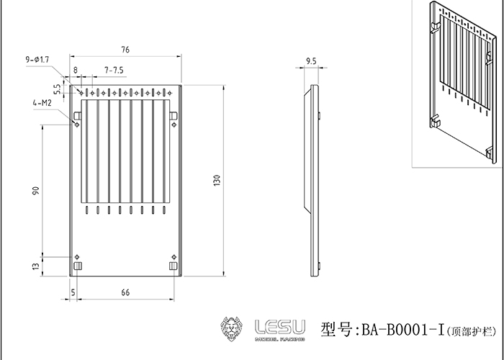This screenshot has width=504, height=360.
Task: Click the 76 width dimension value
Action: click(125, 50)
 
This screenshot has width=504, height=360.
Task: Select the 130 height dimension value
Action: click(217, 179)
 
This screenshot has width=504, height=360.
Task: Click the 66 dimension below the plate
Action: click(125, 292)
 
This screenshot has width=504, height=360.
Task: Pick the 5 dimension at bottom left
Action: click(73, 292)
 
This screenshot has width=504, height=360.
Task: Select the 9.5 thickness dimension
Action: click(311, 63)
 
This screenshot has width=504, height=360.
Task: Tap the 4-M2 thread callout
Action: click(41, 103)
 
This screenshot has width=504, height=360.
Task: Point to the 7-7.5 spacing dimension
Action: click(114, 70)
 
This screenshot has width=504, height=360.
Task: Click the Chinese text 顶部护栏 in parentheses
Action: click(471, 332)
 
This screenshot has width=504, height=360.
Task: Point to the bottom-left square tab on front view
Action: click(78, 266)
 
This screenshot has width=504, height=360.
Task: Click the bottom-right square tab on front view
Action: click(173, 266)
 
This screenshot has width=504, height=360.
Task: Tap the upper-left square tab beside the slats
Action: click(77, 116)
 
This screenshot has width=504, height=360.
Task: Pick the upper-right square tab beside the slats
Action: click(174, 116)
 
